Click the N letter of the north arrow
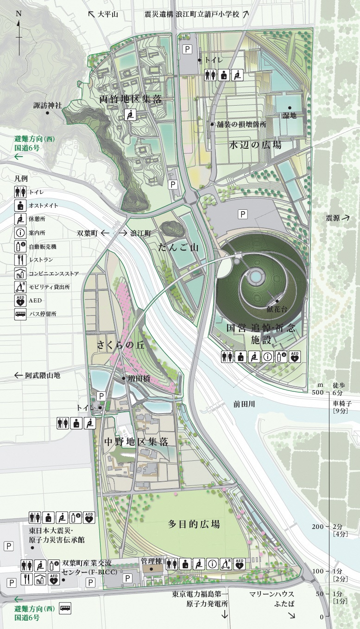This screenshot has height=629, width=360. coord(19,13)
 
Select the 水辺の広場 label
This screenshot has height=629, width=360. coord(255,145)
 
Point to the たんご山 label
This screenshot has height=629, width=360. coord(178,248)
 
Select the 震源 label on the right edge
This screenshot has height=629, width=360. coord(332,218)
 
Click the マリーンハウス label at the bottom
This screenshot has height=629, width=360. coord(272,594)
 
